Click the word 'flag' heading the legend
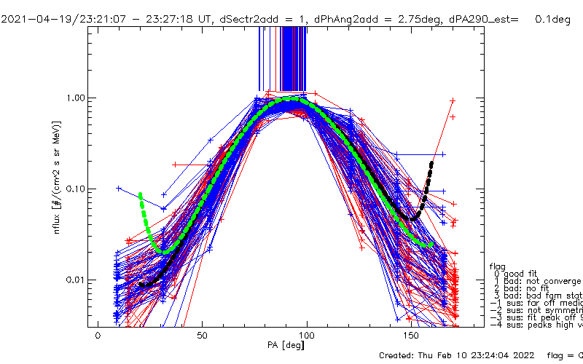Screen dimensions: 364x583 pyautogui.click(x=497, y=266)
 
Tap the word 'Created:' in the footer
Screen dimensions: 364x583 pyautogui.click(x=399, y=355)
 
